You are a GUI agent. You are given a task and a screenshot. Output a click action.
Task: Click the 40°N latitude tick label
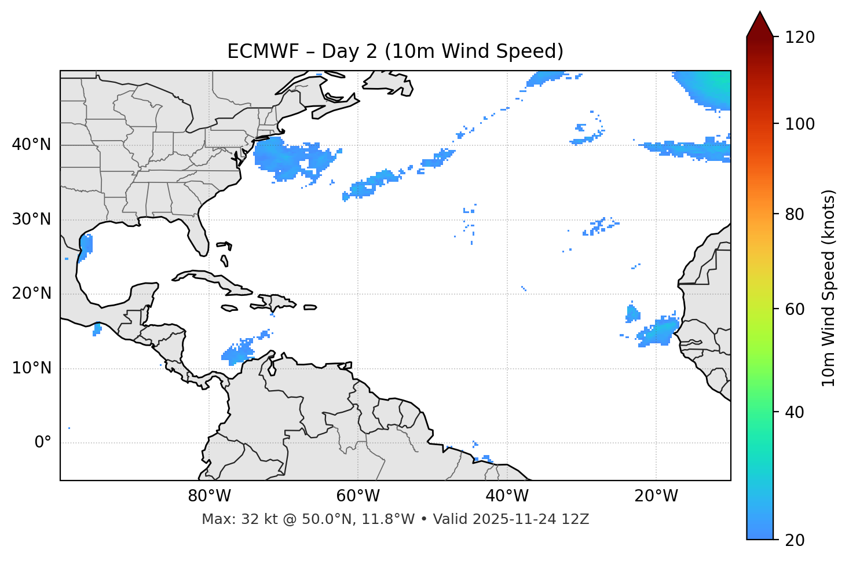[31, 145]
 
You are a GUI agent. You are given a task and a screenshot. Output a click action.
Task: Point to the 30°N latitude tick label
[31, 219]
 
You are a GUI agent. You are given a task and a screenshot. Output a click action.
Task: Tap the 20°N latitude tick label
[31, 294]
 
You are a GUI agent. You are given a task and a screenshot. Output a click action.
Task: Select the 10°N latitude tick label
[31, 368]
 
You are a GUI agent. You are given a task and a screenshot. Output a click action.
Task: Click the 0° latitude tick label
[43, 443]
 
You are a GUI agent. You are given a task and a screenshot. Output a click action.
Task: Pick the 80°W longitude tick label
[209, 496]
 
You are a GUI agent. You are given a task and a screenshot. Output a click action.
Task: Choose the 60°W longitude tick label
[358, 496]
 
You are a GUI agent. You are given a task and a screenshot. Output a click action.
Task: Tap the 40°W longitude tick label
[507, 496]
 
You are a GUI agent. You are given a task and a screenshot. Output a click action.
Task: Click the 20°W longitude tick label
[656, 496]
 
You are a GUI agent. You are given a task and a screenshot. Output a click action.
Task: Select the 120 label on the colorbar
[800, 38]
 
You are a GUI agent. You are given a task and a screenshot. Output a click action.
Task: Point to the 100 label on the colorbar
[800, 124]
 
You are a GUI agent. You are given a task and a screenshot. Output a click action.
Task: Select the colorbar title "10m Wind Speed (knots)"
[829, 288]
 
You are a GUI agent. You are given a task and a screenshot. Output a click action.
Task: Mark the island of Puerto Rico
[310, 307]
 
